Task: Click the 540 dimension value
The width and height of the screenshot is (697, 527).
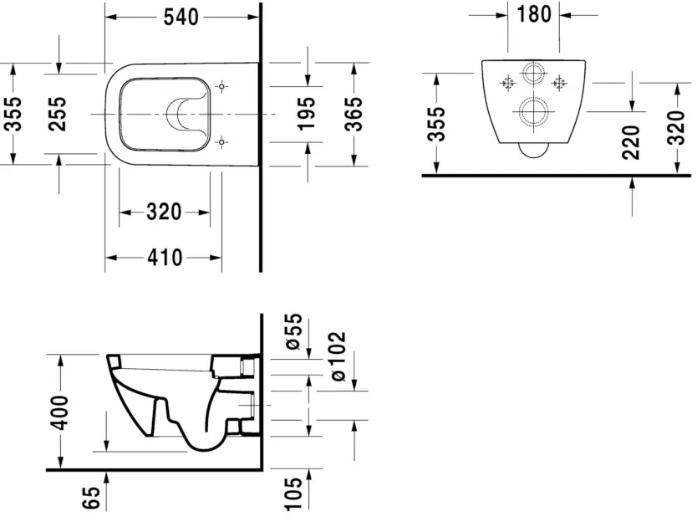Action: [x=181, y=17]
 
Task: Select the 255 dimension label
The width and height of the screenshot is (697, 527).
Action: [x=58, y=114]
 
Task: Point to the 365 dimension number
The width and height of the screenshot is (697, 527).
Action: [x=354, y=114]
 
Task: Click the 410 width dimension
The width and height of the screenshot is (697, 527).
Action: [x=165, y=258]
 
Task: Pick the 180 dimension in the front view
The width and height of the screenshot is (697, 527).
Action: [x=534, y=15]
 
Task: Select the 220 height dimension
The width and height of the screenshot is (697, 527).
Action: [x=631, y=142]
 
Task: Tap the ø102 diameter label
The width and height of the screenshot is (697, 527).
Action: [x=339, y=355]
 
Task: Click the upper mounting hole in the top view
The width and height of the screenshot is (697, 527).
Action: [x=221, y=86]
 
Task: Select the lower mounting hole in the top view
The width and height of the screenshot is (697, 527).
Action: [x=221, y=141]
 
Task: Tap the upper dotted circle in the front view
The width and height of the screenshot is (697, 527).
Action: [x=533, y=74]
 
